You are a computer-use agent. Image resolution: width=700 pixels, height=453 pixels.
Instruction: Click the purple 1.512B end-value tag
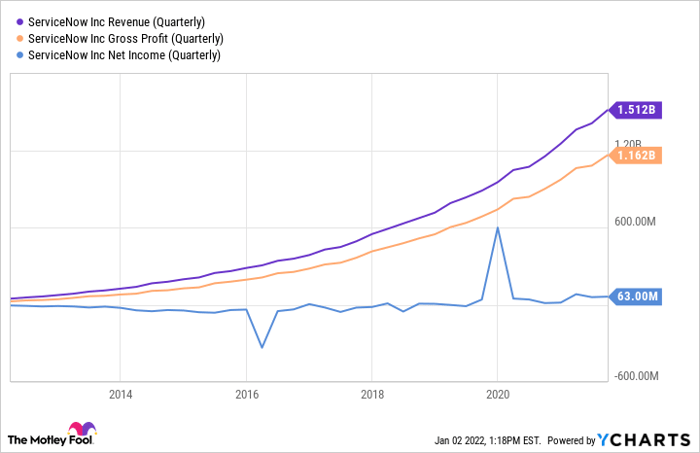636,110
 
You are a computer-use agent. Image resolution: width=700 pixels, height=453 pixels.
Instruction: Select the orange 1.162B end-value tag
636,155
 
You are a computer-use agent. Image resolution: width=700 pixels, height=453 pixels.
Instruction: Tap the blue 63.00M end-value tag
636,296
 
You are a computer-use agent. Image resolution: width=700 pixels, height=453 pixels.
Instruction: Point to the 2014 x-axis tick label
121,395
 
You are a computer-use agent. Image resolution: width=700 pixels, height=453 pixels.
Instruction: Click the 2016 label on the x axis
247,395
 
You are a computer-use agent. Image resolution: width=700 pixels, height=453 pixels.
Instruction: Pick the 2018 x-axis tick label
372,395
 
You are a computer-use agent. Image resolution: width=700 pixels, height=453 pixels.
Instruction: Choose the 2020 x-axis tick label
498,395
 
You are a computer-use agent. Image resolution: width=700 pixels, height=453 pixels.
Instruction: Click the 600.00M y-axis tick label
635,221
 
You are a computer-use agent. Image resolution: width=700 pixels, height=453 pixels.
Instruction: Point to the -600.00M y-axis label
636,376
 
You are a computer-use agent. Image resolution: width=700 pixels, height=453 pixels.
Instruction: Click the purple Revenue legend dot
20,22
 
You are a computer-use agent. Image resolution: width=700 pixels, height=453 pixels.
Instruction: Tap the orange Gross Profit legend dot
20,39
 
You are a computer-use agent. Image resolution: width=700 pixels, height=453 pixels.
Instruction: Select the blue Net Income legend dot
20,55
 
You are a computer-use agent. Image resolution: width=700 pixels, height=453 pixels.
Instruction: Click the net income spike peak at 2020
497,228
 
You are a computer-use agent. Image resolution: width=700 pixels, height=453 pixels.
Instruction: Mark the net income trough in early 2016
262,347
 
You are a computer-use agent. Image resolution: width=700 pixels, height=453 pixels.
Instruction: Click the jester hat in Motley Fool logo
82,428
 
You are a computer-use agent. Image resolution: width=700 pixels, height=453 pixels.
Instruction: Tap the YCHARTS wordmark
644,440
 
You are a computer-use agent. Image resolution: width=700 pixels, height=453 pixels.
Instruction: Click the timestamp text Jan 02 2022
459,441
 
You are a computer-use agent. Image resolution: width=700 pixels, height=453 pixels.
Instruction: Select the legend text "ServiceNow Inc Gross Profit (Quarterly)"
126,39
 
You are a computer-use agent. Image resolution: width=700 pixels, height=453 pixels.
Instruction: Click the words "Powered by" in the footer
571,441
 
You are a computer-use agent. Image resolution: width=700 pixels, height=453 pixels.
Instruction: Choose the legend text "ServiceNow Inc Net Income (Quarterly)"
124,55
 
